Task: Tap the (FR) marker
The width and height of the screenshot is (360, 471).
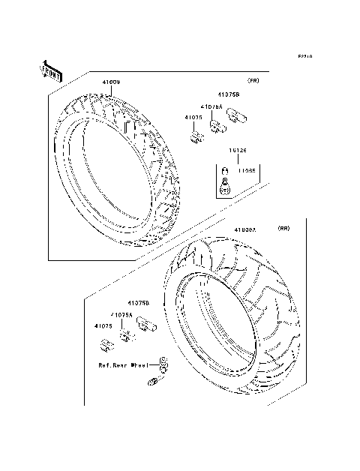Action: pyautogui.click(x=253, y=79)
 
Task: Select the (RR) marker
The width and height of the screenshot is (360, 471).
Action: pyautogui.click(x=283, y=227)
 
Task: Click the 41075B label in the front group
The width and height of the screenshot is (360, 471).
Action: pyautogui.click(x=229, y=95)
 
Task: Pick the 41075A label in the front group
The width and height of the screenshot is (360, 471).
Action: pyautogui.click(x=211, y=108)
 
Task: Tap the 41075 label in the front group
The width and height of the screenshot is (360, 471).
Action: pyautogui.click(x=193, y=118)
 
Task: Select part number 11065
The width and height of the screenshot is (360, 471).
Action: pyautogui.click(x=247, y=170)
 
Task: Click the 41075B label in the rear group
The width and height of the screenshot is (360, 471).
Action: pyautogui.click(x=136, y=302)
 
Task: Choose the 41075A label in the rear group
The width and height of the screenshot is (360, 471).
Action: pyautogui.click(x=121, y=316)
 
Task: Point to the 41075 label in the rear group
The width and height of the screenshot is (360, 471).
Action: pyautogui.click(x=104, y=326)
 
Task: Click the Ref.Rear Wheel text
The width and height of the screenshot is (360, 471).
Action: pyautogui.click(x=123, y=366)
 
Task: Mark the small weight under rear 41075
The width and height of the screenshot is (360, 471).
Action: pyautogui.click(x=106, y=343)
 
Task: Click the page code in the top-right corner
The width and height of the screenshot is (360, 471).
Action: pyautogui.click(x=304, y=56)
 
